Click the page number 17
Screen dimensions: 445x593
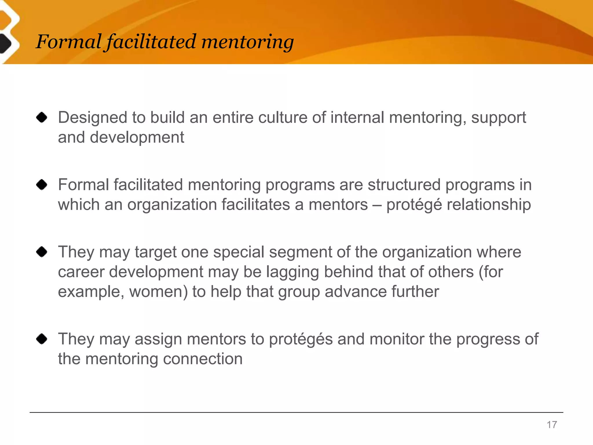point(552,425)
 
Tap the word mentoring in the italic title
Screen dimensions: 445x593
point(248,42)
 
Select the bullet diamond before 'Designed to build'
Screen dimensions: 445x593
point(42,118)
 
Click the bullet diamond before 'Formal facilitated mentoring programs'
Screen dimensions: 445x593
point(42,185)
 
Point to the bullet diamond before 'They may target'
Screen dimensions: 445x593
point(42,252)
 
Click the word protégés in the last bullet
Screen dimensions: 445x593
point(301,340)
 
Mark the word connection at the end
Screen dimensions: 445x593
point(203,359)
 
